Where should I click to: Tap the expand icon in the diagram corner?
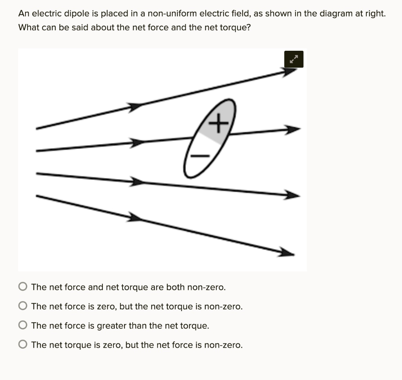pos(294,60)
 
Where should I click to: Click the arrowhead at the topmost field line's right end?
pos(290,72)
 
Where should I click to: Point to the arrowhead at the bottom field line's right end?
pos(286,252)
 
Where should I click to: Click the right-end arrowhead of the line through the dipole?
pos(292,129)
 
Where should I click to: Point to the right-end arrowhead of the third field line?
pos(292,194)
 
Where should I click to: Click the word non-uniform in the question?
pos(173,14)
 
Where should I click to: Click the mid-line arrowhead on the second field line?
pos(137,143)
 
